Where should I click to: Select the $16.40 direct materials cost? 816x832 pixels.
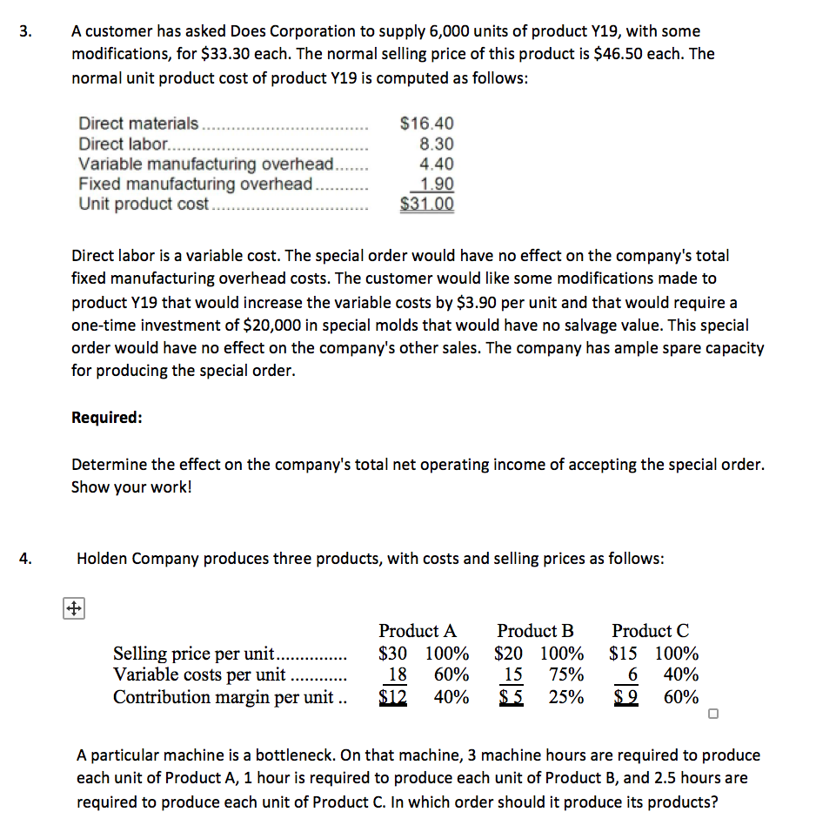click(426, 124)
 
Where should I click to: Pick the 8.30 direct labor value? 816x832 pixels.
click(436, 144)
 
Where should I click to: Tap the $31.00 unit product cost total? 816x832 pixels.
click(426, 205)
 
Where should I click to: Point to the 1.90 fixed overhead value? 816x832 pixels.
click(436, 185)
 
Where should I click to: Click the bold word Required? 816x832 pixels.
click(106, 417)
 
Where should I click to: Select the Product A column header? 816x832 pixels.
click(418, 631)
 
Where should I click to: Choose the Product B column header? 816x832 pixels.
click(535, 631)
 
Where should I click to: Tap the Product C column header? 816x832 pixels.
click(650, 631)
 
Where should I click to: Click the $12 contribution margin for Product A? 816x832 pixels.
click(397, 697)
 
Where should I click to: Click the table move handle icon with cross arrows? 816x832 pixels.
click(73, 608)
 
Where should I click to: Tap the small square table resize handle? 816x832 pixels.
click(713, 715)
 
